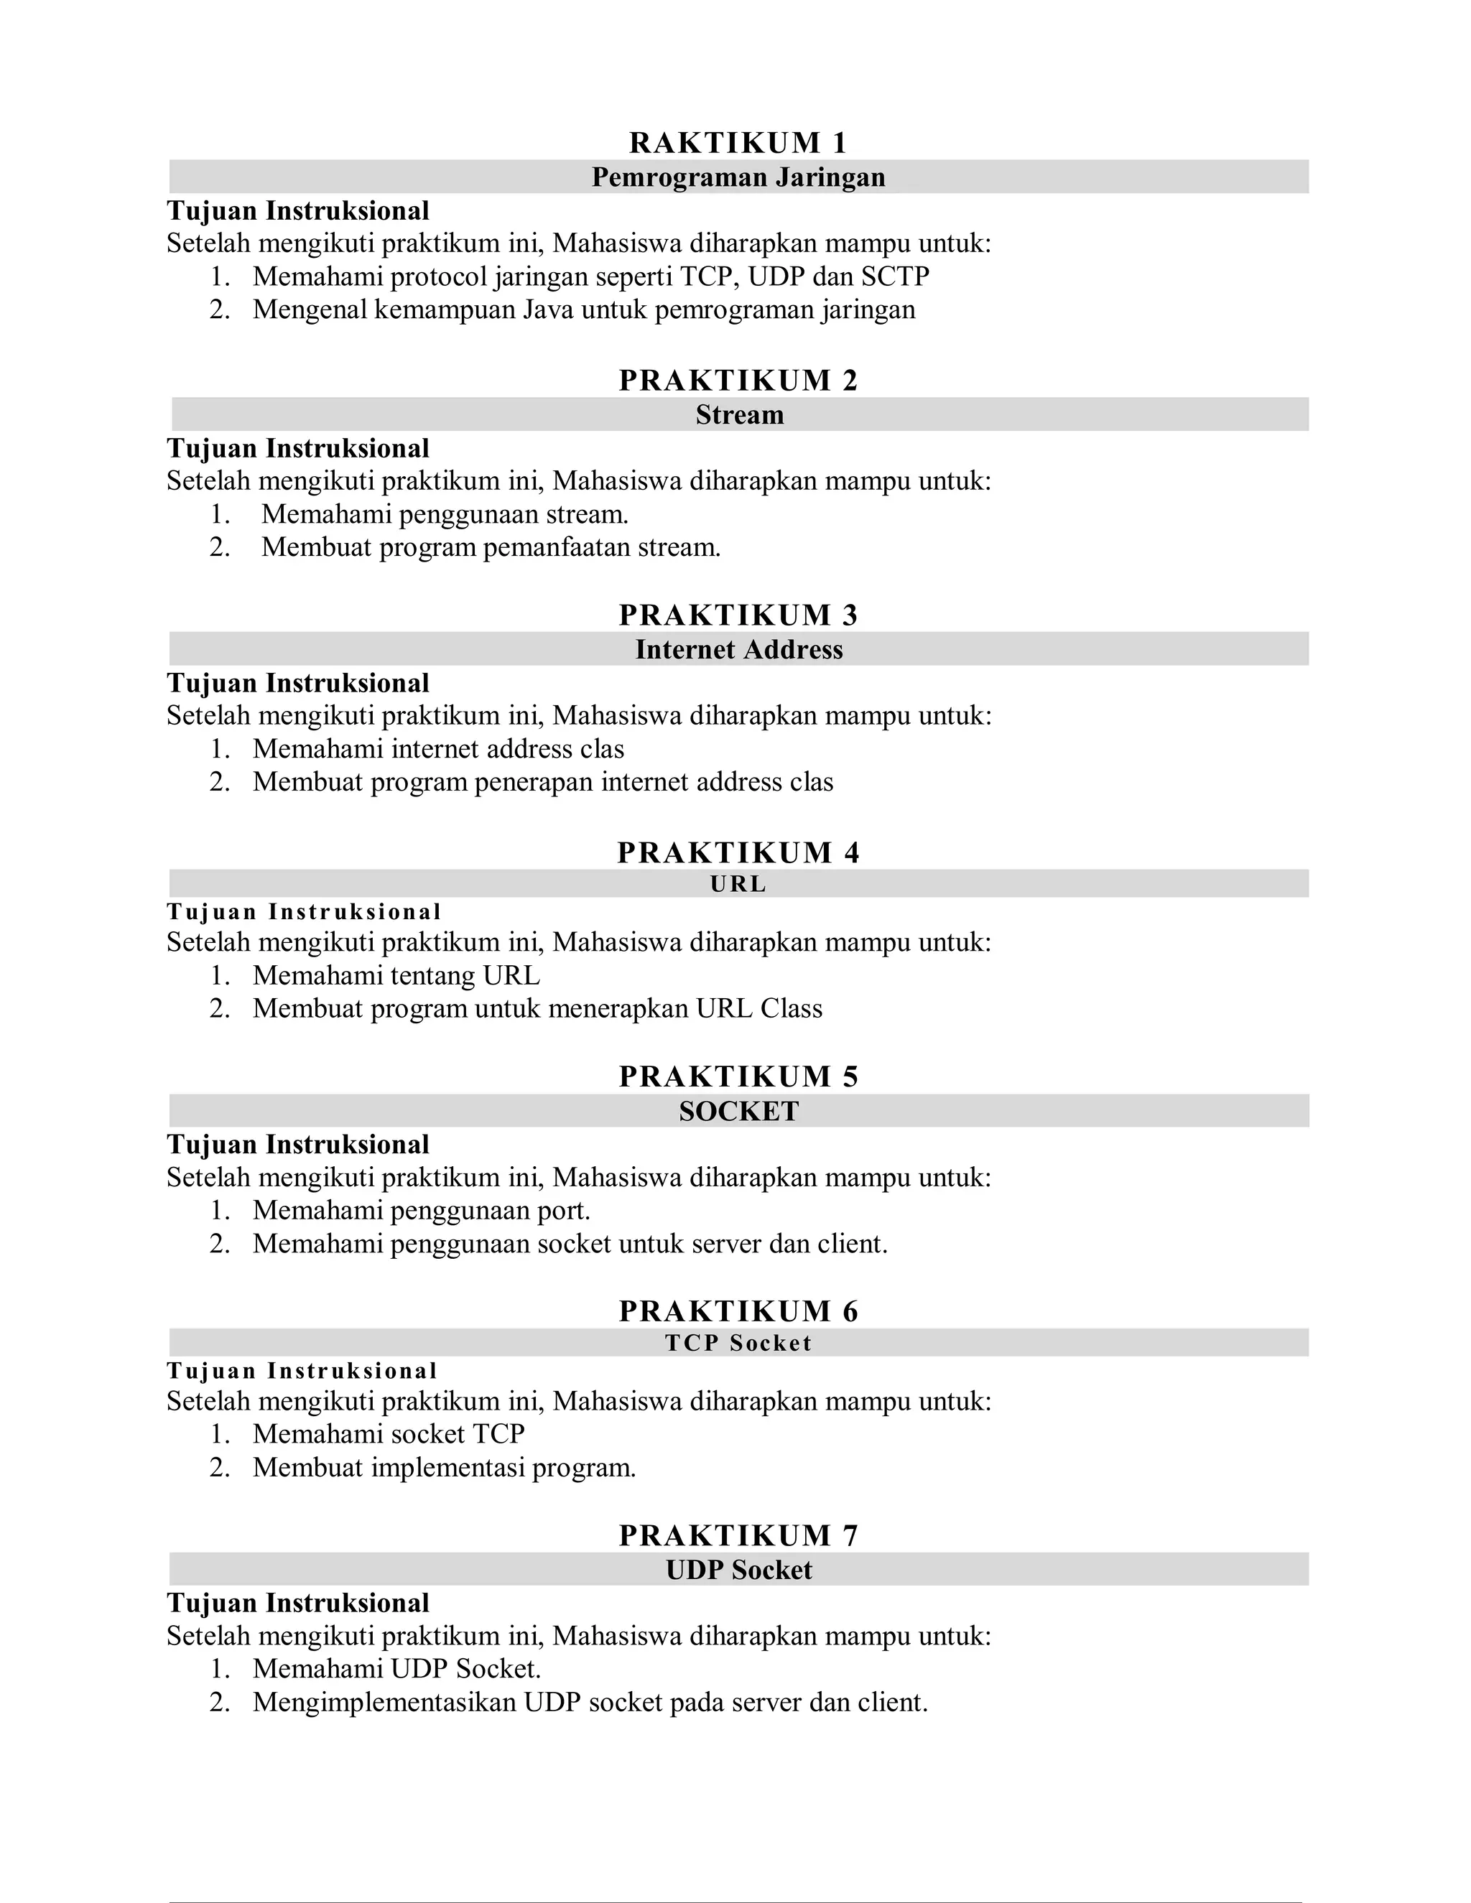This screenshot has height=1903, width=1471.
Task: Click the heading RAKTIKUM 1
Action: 738,142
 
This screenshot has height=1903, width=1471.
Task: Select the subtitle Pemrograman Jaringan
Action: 738,177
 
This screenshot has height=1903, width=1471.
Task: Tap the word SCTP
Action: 895,276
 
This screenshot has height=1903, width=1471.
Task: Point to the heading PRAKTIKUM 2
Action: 738,380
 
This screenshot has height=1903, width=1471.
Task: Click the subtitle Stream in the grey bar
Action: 739,415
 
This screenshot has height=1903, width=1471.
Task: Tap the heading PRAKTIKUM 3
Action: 738,615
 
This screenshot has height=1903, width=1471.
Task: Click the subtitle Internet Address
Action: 739,650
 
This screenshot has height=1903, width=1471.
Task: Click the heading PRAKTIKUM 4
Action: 738,852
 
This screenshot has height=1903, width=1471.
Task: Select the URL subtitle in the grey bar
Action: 738,885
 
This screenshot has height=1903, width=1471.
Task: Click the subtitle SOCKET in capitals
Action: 738,1112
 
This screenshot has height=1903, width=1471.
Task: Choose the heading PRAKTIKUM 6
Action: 738,1311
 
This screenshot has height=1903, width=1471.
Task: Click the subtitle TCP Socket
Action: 738,1343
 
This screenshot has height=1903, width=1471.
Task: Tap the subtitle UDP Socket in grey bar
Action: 738,1570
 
